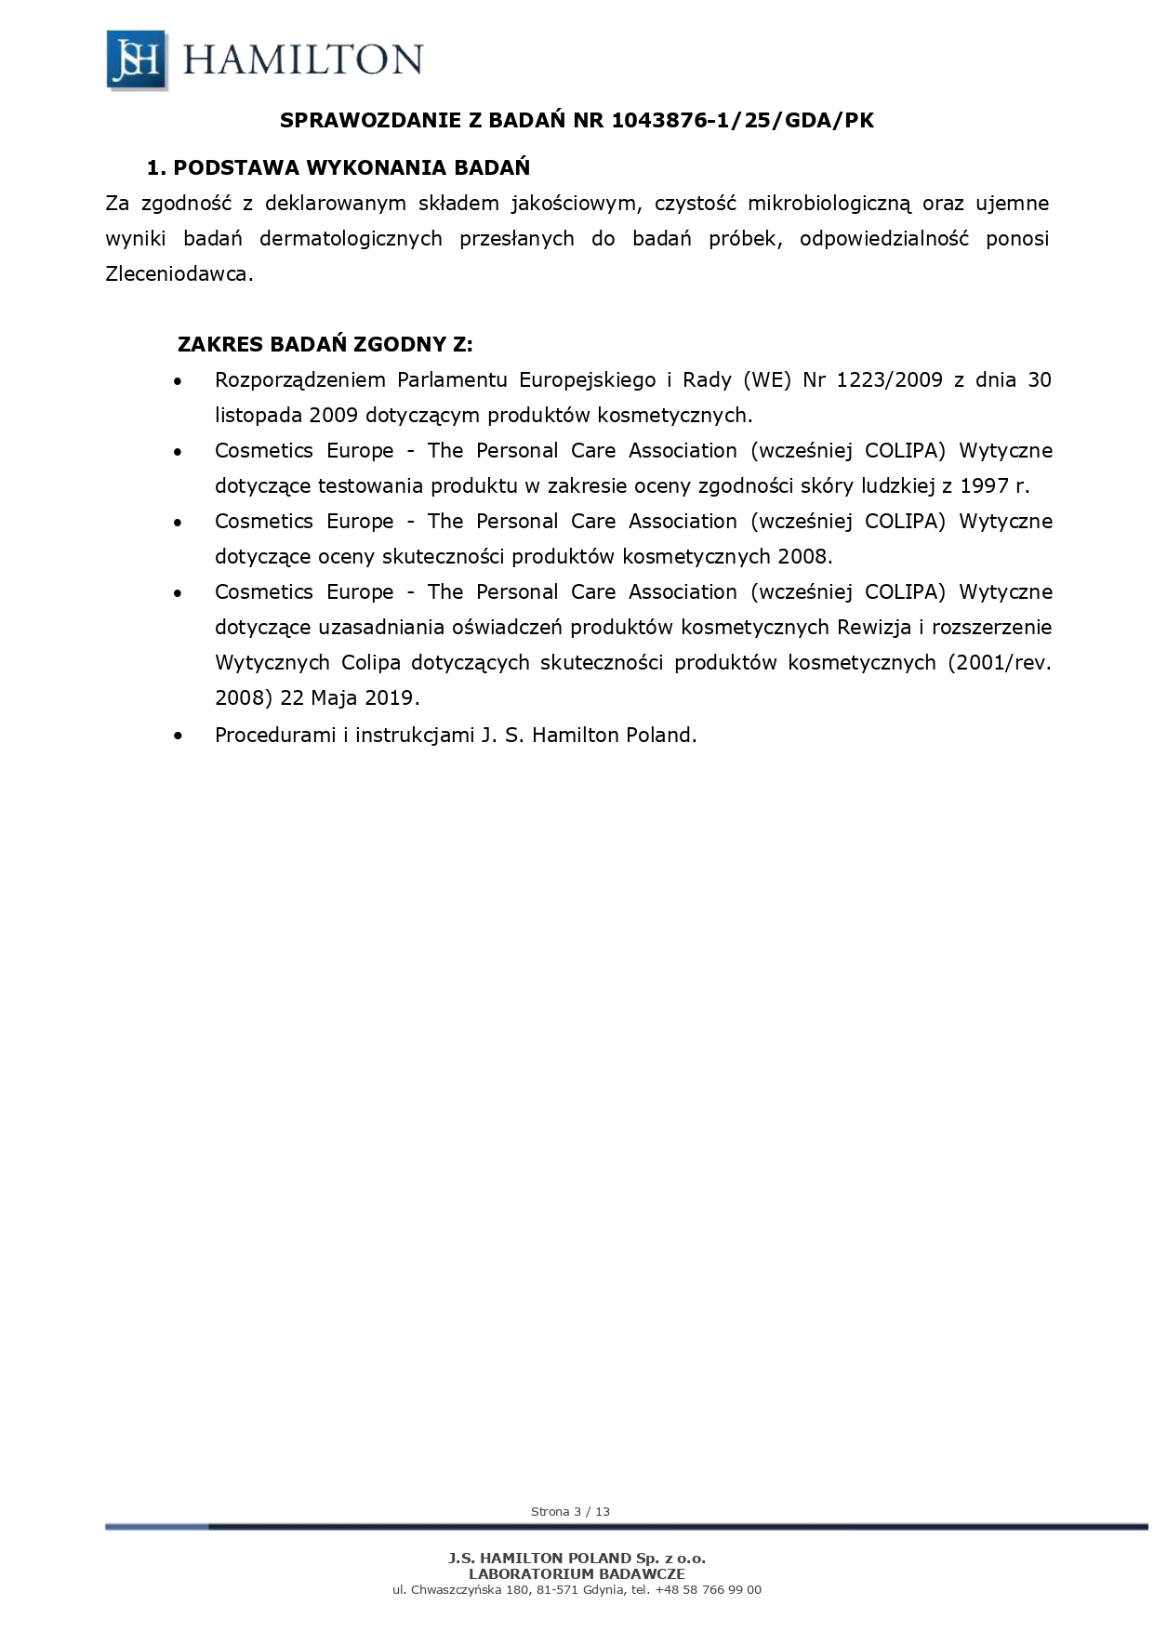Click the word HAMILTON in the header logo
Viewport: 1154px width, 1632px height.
[x=303, y=60]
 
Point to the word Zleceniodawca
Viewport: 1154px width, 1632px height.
[x=179, y=274]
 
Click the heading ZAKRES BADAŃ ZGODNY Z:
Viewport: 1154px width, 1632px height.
[x=325, y=345]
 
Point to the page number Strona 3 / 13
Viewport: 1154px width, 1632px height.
[x=570, y=1511]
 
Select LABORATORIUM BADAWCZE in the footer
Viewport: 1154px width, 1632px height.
[x=577, y=1573]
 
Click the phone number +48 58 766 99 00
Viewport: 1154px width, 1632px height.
[x=708, y=1589]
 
